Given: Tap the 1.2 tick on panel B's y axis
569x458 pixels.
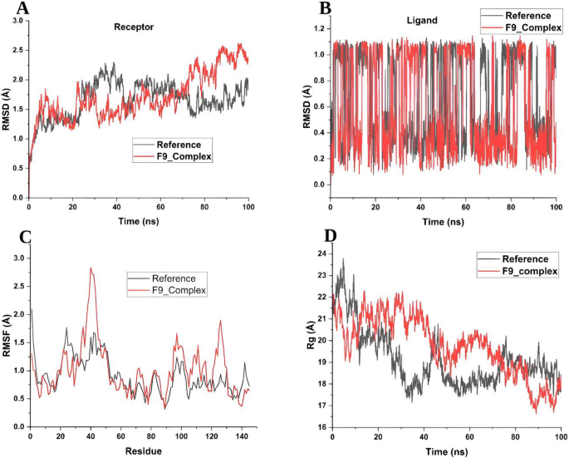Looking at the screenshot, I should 316,28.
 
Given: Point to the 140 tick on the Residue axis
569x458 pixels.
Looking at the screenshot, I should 241,436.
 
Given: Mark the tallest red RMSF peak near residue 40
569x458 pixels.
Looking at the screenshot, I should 91,268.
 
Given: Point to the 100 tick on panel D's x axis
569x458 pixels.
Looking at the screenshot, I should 560,437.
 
